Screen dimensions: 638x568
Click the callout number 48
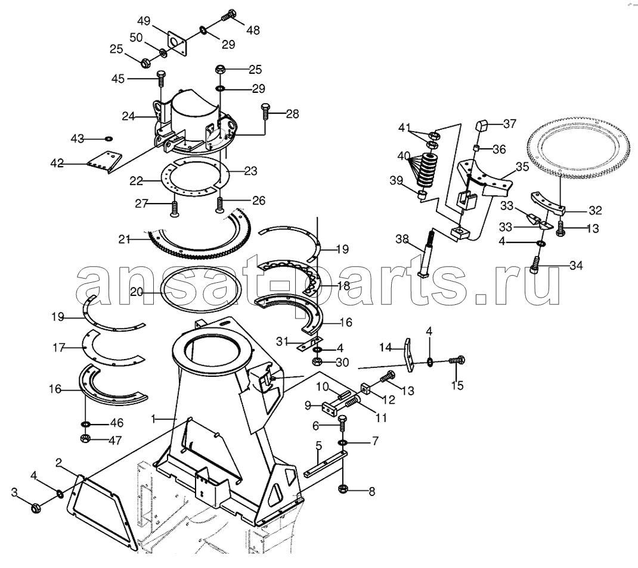tap(253, 30)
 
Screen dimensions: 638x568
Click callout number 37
tap(509, 123)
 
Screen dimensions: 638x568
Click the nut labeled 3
tap(36, 508)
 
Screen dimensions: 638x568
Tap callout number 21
tap(124, 240)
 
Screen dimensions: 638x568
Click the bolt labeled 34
tap(536, 266)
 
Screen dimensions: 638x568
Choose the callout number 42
tap(57, 163)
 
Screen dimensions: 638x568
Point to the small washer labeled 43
tap(109, 139)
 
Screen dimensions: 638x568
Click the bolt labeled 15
tap(457, 360)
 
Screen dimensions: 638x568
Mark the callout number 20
tap(137, 292)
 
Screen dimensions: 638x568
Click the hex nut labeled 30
tap(317, 361)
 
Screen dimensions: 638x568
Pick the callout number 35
tap(522, 167)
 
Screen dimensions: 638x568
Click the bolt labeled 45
tap(160, 79)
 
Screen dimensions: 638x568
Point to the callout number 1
tap(153, 419)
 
